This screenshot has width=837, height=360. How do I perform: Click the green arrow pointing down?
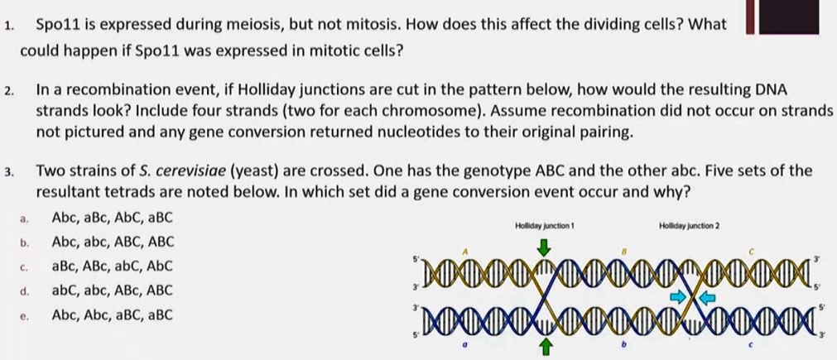(544, 247)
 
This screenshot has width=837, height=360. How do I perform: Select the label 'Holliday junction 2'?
(689, 225)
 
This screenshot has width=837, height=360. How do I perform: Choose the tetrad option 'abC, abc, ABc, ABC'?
(113, 290)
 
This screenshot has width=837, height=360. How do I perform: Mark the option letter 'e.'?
(25, 315)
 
